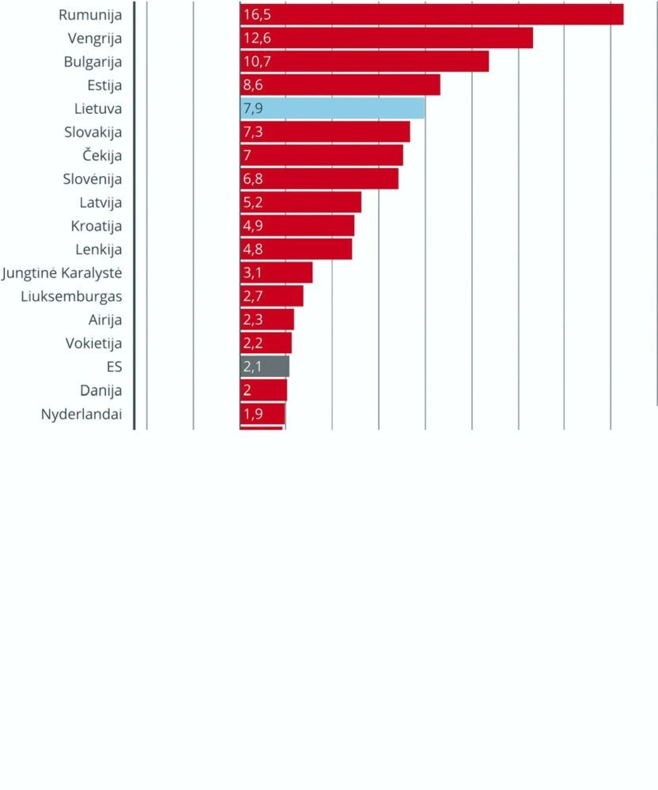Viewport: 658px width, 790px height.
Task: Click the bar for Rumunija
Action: pos(432,14)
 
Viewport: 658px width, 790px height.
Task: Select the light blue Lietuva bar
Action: pos(333,108)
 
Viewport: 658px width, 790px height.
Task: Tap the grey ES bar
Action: pos(265,366)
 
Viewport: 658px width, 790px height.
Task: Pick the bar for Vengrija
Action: pos(386,38)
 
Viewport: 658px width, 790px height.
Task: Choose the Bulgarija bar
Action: pos(365,61)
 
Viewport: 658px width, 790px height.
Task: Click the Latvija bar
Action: pos(301,202)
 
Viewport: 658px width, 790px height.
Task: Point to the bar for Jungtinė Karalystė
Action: pos(276,273)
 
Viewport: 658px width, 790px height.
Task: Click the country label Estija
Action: pos(104,85)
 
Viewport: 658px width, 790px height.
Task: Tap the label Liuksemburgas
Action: pos(72,296)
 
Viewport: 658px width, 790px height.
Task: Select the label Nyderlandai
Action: pos(81,414)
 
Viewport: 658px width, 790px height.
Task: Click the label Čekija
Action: pos(102,155)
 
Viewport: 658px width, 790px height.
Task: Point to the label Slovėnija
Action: pos(92,179)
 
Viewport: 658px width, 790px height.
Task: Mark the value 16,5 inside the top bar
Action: pos(257,14)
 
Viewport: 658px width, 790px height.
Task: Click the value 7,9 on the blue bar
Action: pos(253,108)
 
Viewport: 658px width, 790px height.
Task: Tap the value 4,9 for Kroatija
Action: pos(253,226)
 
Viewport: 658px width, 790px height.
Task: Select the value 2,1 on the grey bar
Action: pos(253,366)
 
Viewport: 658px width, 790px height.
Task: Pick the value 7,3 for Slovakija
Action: pos(253,132)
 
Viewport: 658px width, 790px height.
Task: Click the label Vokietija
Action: pos(93,343)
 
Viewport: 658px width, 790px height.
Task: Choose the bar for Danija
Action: pos(264,390)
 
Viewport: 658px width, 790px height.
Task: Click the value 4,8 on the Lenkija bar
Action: pos(253,249)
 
